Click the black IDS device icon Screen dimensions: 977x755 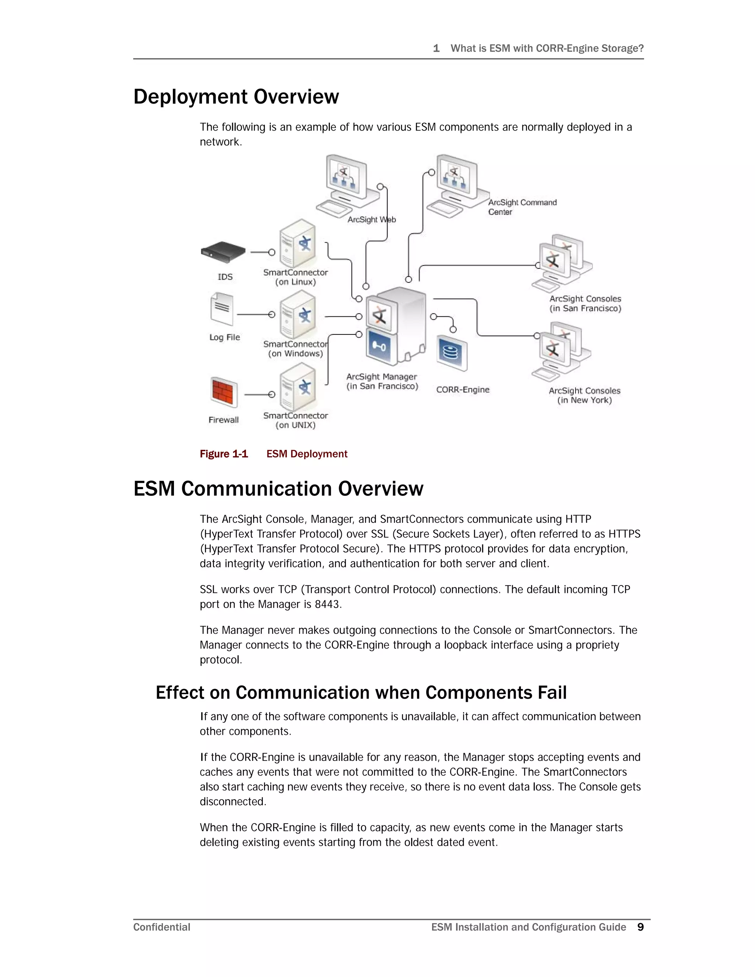[x=223, y=252]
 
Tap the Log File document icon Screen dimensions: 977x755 [x=222, y=309]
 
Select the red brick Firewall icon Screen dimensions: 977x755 [x=224, y=392]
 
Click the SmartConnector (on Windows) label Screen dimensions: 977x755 [x=295, y=349]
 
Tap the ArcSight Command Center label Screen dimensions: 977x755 [x=522, y=207]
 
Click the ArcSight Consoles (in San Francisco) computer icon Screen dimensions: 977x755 [x=561, y=262]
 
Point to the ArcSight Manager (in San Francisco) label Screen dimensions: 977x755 [x=382, y=382]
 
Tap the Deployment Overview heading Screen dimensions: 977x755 [x=236, y=97]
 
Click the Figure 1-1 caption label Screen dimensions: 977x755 [x=224, y=454]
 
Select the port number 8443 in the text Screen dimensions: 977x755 [x=327, y=604]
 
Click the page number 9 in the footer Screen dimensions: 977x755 [x=640, y=927]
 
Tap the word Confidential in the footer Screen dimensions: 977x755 [x=162, y=927]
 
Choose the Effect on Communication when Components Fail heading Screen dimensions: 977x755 [x=361, y=692]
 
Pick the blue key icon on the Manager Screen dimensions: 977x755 [x=379, y=347]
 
